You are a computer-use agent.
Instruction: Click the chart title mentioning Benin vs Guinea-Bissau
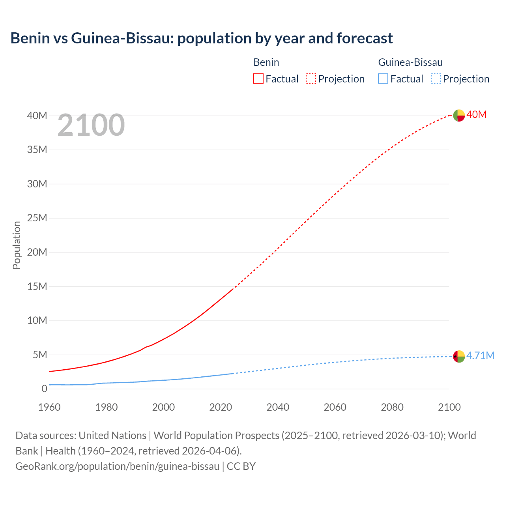201,38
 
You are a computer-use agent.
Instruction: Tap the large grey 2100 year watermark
91,125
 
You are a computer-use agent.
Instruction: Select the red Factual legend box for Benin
258,79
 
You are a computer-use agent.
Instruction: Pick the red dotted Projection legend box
311,79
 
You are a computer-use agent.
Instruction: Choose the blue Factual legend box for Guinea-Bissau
383,79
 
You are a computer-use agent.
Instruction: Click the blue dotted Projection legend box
436,79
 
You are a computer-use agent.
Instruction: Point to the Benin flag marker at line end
459,115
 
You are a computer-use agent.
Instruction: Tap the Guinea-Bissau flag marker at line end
459,356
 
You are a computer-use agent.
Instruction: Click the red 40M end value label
477,115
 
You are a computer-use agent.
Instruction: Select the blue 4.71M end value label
480,355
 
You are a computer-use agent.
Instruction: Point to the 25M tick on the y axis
37,218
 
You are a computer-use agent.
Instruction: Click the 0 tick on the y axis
44,389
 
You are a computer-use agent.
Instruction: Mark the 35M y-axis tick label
37,150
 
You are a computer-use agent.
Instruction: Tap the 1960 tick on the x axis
49,407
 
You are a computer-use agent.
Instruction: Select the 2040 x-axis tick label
278,407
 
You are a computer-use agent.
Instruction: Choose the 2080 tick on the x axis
392,407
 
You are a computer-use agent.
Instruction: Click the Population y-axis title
17,245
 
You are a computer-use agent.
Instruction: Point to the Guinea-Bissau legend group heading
410,62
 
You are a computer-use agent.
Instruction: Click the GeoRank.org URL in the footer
117,466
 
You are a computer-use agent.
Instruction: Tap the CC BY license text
241,466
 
